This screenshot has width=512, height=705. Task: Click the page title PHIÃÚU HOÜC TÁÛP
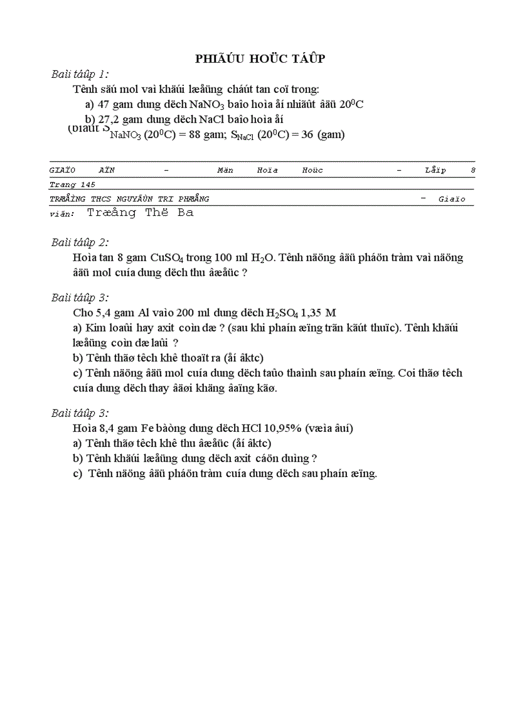[x=260, y=58]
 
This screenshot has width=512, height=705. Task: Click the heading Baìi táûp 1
[x=80, y=74]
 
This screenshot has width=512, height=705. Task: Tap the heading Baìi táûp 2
[x=80, y=242]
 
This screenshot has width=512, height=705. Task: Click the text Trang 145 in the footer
[x=72, y=185]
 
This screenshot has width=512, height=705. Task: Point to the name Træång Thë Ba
[x=140, y=212]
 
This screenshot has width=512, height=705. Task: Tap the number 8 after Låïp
[x=473, y=170]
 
